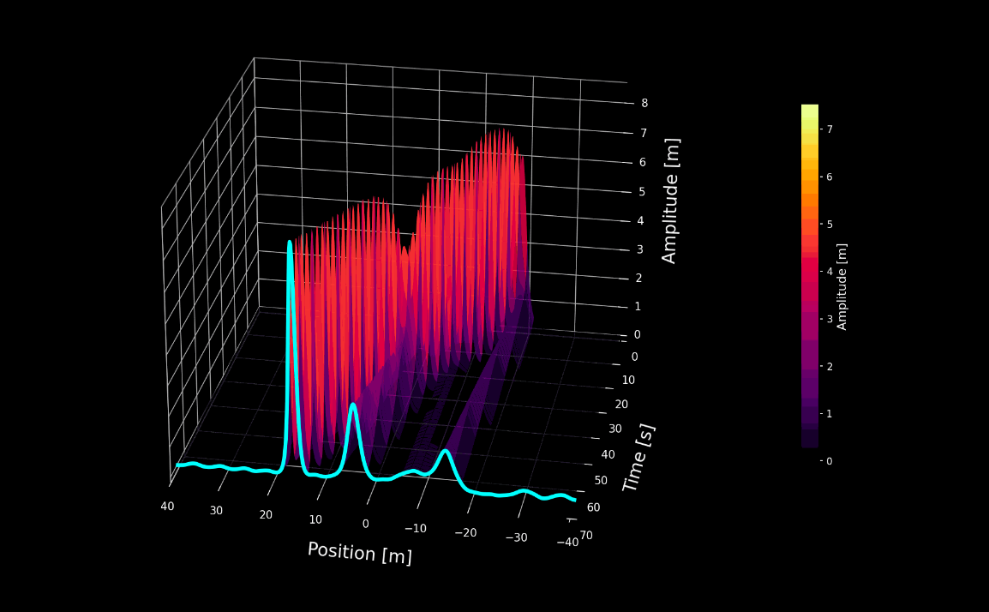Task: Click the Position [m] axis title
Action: [359, 553]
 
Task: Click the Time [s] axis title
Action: [638, 458]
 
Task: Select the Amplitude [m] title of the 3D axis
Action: [670, 201]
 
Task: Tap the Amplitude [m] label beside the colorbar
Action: [842, 286]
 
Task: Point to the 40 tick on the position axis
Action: [167, 507]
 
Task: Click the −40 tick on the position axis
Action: [566, 543]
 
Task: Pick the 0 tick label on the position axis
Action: [365, 524]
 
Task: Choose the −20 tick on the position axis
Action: [465, 533]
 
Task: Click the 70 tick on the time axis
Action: [585, 536]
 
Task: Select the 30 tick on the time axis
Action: [614, 429]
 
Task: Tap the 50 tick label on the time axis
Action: [600, 480]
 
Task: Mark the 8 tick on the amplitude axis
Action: [644, 103]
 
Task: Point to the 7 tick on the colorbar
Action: [830, 129]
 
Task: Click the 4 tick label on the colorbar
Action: [830, 272]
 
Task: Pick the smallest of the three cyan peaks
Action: [445, 453]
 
